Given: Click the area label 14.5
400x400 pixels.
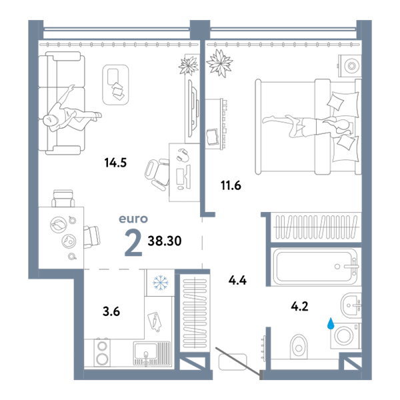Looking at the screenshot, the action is pos(115,163).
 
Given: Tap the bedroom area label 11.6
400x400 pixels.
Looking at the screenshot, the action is pos(231,185).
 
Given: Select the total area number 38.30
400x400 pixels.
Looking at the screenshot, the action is pos(165,241).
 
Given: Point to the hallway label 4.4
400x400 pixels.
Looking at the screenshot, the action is pos(237,281).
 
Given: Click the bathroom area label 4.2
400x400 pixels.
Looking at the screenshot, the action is pos(299,306).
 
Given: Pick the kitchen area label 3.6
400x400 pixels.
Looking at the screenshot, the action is pos(111,311).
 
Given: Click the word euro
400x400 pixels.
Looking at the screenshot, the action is pos(133,219).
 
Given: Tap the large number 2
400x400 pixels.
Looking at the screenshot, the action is pos(133,243).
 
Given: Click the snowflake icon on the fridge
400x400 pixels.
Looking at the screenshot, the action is pos(161,283).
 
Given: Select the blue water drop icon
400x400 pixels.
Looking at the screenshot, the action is pos(331,323).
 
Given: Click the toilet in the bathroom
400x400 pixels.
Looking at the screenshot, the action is pos(299,347).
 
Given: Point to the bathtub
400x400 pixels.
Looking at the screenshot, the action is pos(315,267).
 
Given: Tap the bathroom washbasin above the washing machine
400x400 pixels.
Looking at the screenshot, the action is pos(351,305).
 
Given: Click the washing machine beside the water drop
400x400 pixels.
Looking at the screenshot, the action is pos(345,336).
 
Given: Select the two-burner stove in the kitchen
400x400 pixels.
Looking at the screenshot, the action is pos(102,353).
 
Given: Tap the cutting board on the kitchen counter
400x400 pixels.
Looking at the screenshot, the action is pos(155,322).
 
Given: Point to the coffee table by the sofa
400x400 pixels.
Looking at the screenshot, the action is pos(115,85).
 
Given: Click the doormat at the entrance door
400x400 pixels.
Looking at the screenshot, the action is pos(233,362).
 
